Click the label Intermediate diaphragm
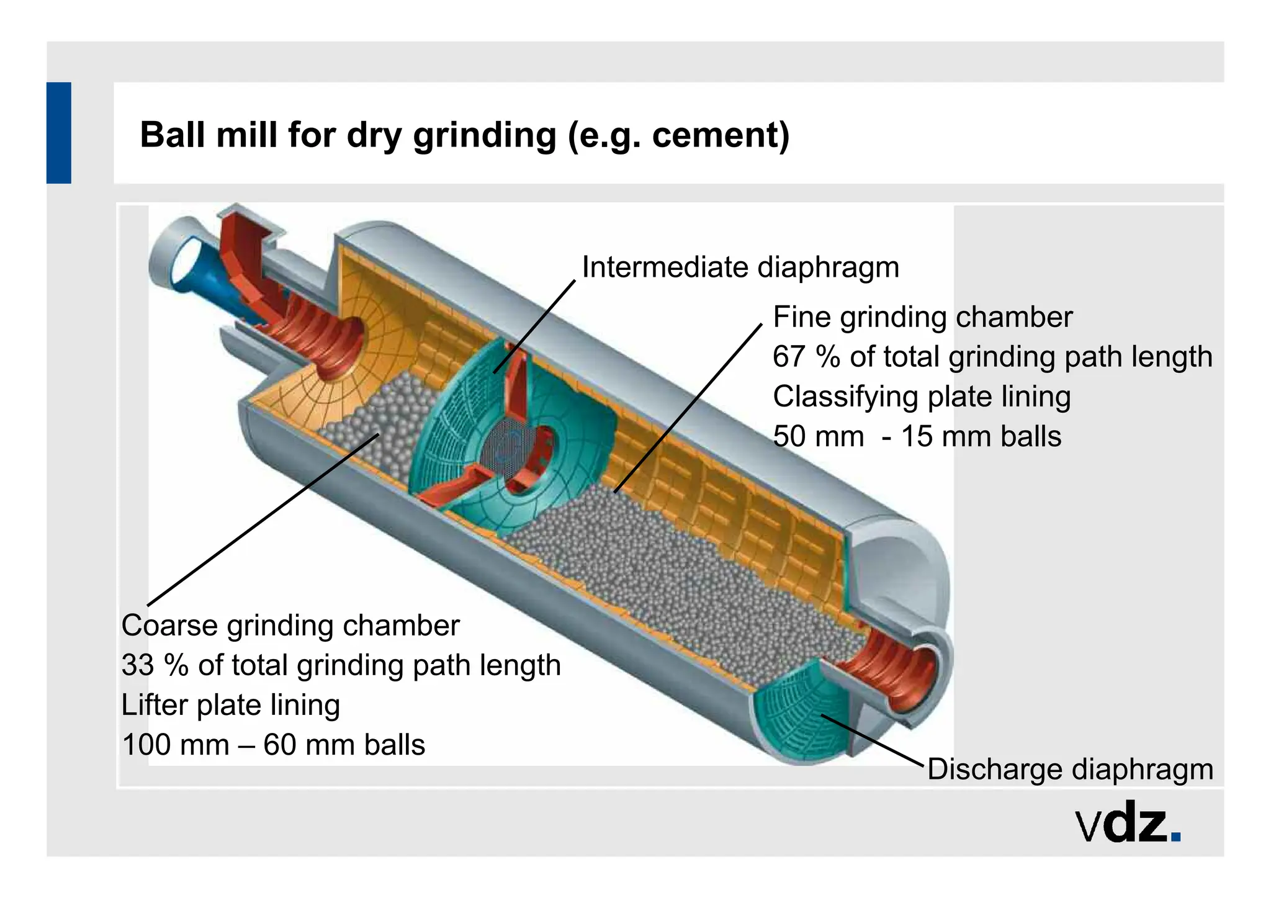coord(740,267)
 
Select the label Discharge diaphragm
coord(1070,769)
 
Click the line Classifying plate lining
coord(922,397)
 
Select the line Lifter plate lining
coord(230,705)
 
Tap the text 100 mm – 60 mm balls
coord(273,745)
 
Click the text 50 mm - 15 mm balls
coord(917,436)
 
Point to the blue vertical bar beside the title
coord(59,132)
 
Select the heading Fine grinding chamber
coord(922,317)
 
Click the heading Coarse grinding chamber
coord(290,626)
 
